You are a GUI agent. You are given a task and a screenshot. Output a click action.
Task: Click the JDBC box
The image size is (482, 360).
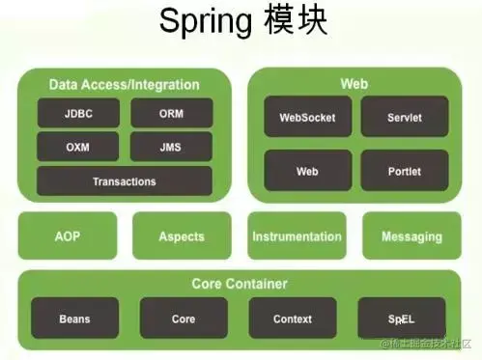click(78, 113)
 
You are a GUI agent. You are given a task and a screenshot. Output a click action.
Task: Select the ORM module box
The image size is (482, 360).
click(172, 113)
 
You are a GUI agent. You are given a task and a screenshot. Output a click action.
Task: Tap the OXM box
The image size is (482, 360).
click(78, 147)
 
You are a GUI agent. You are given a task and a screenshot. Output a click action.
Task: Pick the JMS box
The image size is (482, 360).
click(171, 147)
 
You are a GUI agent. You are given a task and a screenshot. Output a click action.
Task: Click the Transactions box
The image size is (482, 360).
click(125, 181)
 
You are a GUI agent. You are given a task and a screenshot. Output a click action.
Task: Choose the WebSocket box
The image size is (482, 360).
click(308, 117)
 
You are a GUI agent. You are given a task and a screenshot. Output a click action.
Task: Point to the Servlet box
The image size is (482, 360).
click(405, 117)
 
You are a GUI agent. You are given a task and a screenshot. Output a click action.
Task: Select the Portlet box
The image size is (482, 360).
click(405, 171)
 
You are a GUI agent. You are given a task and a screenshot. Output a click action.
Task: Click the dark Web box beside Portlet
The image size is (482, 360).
click(308, 171)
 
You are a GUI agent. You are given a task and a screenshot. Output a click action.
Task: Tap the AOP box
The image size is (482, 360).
click(68, 235)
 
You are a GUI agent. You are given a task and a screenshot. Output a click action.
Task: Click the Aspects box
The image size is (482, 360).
click(182, 235)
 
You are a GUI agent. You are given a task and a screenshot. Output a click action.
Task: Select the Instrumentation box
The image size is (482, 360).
click(297, 235)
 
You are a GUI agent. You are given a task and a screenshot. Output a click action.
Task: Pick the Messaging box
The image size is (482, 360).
click(411, 235)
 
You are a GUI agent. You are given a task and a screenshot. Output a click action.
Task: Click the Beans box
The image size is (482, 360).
click(74, 318)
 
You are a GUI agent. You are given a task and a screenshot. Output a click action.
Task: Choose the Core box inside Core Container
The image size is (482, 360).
click(184, 318)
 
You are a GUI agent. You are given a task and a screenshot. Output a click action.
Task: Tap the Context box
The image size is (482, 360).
click(293, 318)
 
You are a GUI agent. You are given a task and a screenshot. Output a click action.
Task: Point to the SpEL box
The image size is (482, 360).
click(402, 318)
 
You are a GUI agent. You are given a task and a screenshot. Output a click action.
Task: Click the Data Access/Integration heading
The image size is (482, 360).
click(125, 85)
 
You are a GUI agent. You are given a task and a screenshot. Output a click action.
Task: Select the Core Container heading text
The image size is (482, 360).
click(240, 284)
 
